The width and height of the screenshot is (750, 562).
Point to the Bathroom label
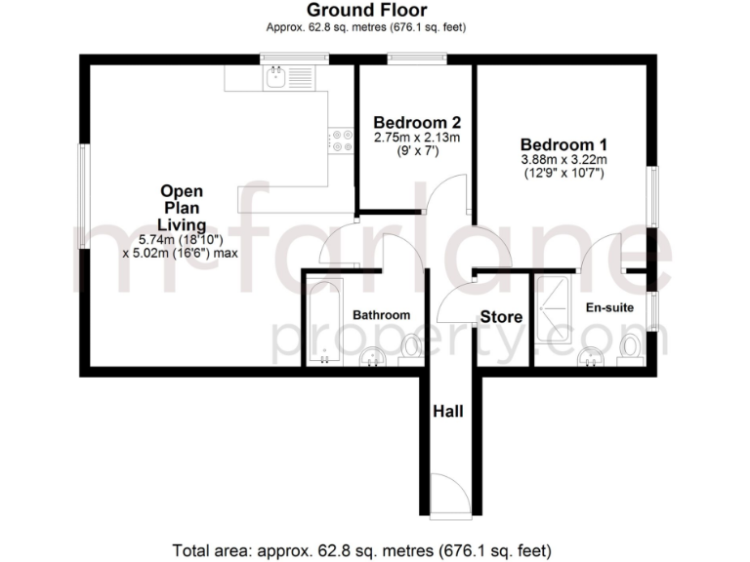[x=381, y=315]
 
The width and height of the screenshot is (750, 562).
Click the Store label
[x=501, y=317]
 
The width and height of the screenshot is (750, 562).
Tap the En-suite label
[x=609, y=307]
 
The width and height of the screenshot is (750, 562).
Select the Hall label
[x=447, y=412]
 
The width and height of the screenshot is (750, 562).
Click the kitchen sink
[x=277, y=76]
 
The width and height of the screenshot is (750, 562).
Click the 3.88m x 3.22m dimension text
[x=563, y=160]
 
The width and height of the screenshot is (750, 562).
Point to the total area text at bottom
[x=362, y=547]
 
